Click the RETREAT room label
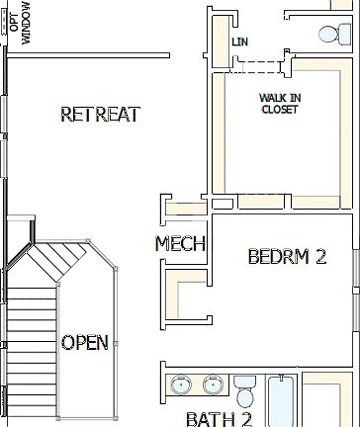click(x=100, y=114)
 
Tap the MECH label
click(x=180, y=244)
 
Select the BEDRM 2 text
click(x=286, y=257)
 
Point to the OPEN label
click(x=85, y=342)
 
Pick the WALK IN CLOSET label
click(x=280, y=104)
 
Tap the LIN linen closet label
click(x=238, y=43)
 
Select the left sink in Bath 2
click(x=180, y=384)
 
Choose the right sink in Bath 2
click(x=212, y=384)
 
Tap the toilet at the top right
click(x=326, y=34)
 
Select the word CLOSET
click(x=280, y=110)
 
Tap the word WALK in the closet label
click(x=271, y=98)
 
